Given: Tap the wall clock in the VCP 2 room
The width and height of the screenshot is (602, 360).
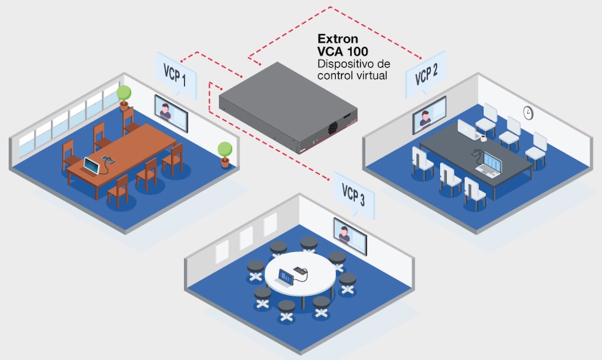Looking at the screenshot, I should pyautogui.click(x=527, y=111).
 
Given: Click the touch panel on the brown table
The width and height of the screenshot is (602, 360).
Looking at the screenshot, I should pyautogui.click(x=91, y=166).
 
